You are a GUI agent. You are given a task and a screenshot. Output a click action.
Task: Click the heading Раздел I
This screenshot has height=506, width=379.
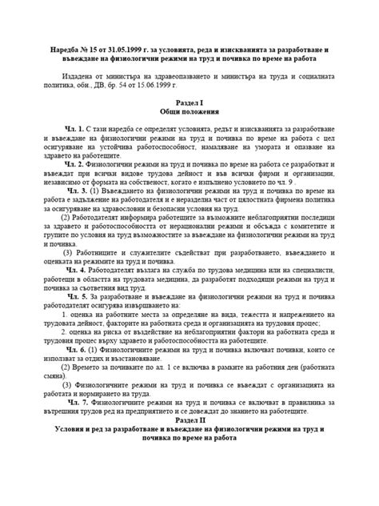pos(189,103)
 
